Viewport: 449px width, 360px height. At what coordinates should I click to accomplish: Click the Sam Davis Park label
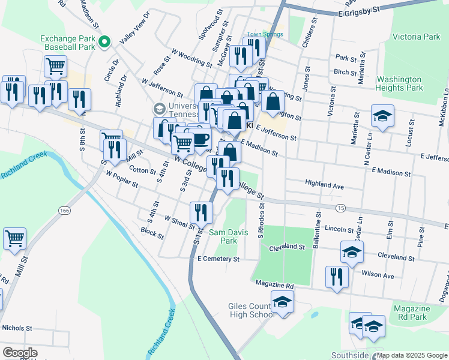point(223,236)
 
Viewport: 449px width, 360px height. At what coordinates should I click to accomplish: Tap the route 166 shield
point(64,210)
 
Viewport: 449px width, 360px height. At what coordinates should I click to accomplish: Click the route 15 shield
point(340,208)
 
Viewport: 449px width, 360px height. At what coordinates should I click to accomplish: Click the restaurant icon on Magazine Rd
point(336,277)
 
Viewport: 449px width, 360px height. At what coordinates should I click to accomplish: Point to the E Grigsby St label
point(360,10)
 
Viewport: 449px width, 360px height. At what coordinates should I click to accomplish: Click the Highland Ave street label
point(324,187)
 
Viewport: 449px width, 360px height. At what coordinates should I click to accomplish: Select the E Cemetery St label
point(218,259)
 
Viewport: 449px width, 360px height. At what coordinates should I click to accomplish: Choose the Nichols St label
point(17,328)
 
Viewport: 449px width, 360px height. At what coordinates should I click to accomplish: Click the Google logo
point(20,353)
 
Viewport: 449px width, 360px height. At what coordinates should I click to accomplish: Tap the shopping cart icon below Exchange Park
point(55,66)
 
